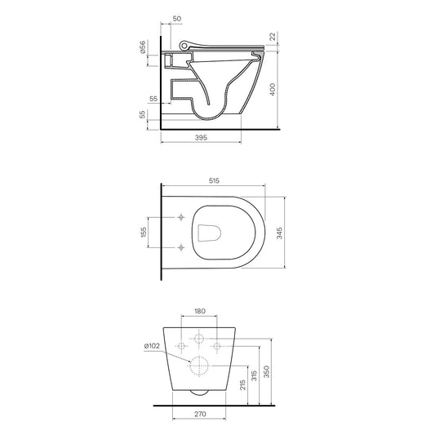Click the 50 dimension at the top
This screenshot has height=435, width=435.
click(x=177, y=19)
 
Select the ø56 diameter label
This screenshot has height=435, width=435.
click(x=142, y=47)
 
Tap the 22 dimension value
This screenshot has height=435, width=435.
click(x=273, y=37)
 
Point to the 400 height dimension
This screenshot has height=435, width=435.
click(x=273, y=89)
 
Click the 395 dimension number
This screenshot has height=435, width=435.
click(x=201, y=137)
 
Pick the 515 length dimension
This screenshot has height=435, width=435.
click(x=214, y=180)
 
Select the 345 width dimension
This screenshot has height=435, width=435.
click(x=280, y=233)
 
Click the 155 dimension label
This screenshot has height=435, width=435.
click(x=143, y=233)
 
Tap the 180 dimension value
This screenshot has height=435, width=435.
click(x=199, y=311)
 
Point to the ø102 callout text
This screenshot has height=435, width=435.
click(x=152, y=346)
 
